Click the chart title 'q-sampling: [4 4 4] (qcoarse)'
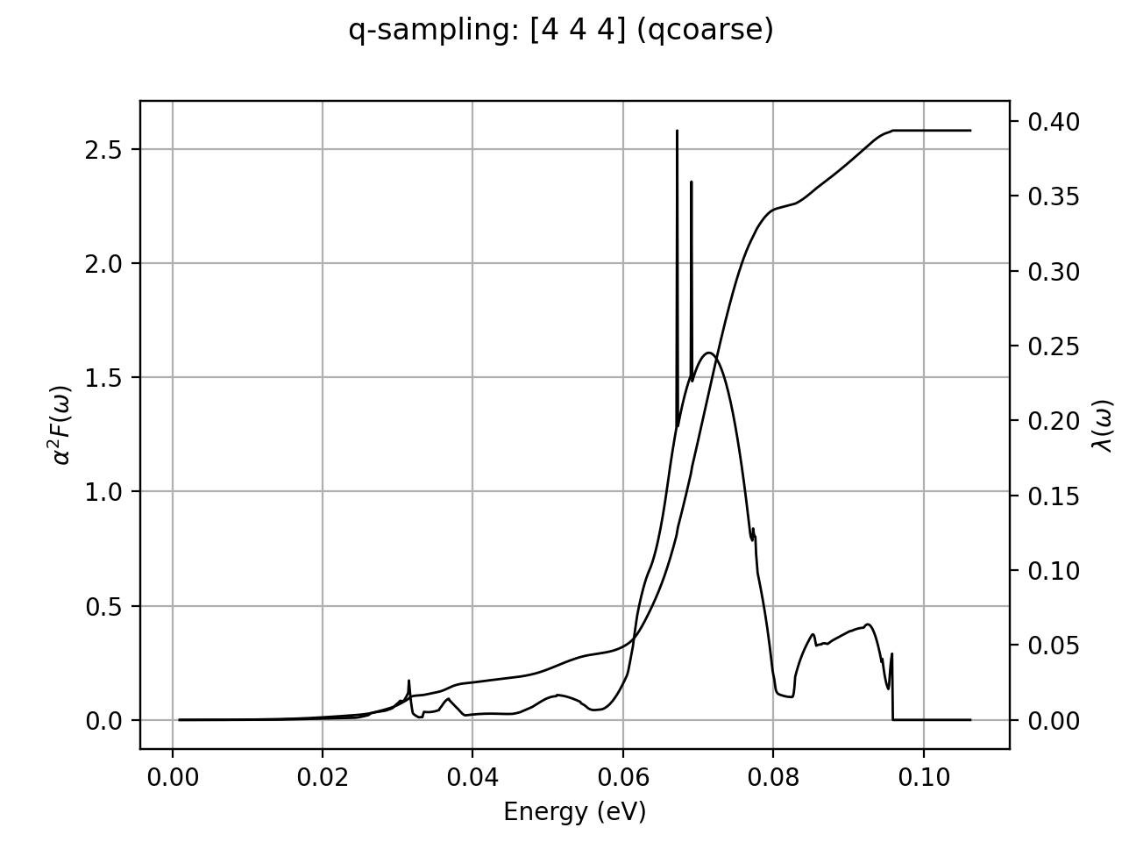coord(561,31)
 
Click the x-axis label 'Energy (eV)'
coord(574,812)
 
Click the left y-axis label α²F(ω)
coord(61,425)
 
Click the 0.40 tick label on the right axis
coord(1047,121)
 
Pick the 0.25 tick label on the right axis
coord(1047,346)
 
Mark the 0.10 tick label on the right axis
coord(1047,571)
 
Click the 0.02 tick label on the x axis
coord(323,777)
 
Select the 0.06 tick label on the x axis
coord(623,777)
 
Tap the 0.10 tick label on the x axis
coord(923,777)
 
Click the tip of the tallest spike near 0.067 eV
coord(677,131)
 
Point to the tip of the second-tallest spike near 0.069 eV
coord(692,182)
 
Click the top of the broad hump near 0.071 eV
coord(708,353)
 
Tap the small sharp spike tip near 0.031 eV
coord(408,680)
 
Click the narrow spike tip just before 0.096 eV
coord(891,653)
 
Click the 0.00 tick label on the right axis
coord(1047,721)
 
